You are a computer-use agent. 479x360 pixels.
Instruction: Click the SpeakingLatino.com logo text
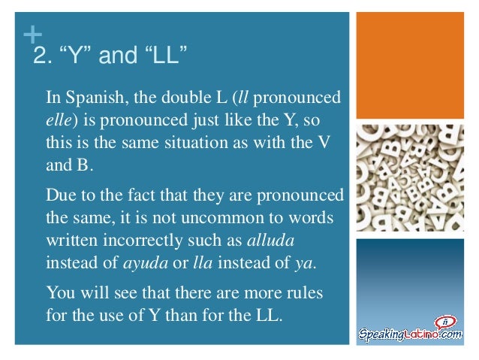click(410, 333)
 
